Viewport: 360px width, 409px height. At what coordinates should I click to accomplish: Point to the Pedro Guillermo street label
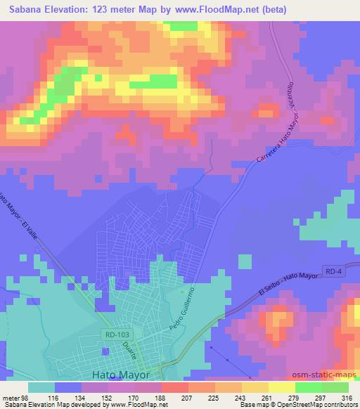179,309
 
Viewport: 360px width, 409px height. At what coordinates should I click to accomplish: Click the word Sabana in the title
25,8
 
